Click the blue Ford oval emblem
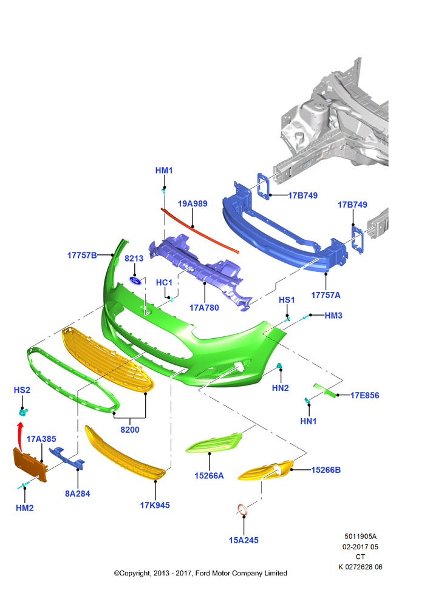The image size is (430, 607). click(x=135, y=280)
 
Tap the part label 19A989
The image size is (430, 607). click(x=193, y=203)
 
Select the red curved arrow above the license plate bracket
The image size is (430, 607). click(x=19, y=436)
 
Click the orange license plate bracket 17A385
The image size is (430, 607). click(x=30, y=464)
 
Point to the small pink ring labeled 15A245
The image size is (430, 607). click(x=243, y=510)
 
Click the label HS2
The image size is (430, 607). click(x=22, y=390)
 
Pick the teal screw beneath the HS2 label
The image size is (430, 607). click(x=23, y=413)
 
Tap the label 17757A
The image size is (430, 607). click(x=326, y=295)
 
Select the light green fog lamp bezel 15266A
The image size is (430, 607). click(x=214, y=443)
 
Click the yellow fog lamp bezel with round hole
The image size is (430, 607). click(x=265, y=470)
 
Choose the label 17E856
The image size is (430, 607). click(x=364, y=395)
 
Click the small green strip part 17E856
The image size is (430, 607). click(x=326, y=390)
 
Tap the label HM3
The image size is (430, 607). click(x=333, y=316)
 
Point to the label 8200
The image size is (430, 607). click(x=130, y=430)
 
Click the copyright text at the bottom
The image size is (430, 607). click(x=200, y=573)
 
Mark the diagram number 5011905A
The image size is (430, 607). click(x=360, y=537)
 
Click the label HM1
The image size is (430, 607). click(x=164, y=171)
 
